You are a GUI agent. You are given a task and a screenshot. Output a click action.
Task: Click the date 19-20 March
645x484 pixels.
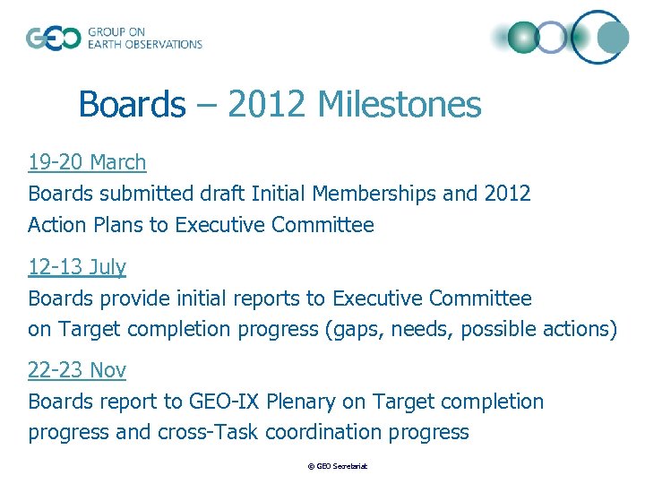tap(87, 162)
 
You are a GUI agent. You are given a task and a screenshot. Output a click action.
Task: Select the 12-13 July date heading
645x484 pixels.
tap(77, 267)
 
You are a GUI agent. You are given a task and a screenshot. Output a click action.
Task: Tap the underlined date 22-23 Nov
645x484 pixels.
tap(77, 370)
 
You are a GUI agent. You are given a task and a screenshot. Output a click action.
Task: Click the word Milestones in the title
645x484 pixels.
tap(399, 105)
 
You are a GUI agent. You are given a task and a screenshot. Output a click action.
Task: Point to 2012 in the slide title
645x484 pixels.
tap(267, 105)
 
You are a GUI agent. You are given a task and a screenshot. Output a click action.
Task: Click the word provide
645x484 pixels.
tap(127, 298)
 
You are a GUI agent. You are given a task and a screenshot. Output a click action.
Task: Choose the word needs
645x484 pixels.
tap(426, 330)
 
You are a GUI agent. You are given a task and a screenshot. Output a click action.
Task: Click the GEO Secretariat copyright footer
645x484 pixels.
tap(338, 466)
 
